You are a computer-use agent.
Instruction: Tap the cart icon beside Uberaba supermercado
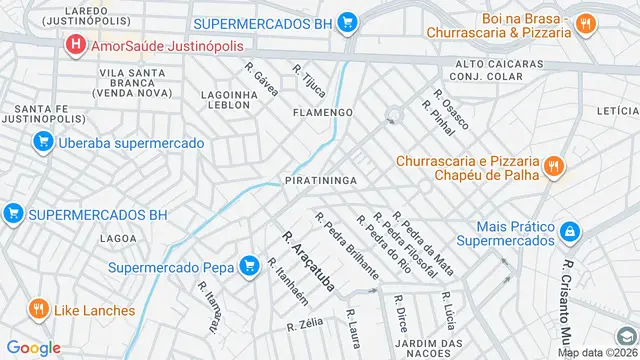pyautogui.click(x=42, y=143)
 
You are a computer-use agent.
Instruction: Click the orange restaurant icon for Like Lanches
pyautogui.click(x=38, y=310)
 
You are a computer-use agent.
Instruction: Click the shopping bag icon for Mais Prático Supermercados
pyautogui.click(x=569, y=232)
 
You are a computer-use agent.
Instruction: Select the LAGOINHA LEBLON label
pyautogui.click(x=231, y=100)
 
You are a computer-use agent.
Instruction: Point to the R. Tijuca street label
pyautogui.click(x=309, y=82)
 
